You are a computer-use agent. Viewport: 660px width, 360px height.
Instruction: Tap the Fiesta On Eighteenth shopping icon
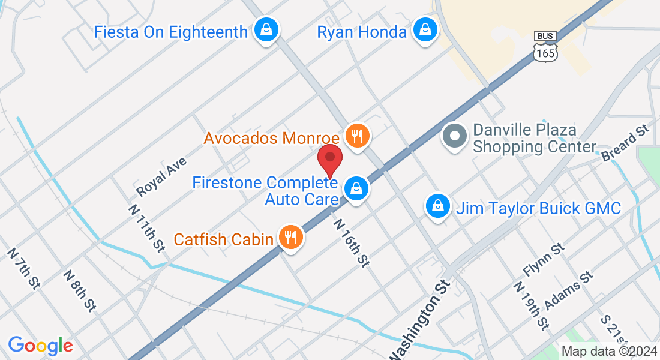264,29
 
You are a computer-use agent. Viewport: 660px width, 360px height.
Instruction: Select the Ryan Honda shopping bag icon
425,31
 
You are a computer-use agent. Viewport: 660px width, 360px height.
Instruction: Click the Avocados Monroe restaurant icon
357,136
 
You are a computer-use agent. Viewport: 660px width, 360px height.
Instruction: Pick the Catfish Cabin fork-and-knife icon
290,238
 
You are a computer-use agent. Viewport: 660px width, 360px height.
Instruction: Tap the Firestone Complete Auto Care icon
357,188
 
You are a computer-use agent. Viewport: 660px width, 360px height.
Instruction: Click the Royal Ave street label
161,177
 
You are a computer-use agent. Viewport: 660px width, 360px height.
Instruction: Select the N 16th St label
351,242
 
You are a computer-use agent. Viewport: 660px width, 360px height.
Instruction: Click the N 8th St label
80,290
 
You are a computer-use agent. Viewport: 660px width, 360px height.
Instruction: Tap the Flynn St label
544,259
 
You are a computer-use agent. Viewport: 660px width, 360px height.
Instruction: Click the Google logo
40,346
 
